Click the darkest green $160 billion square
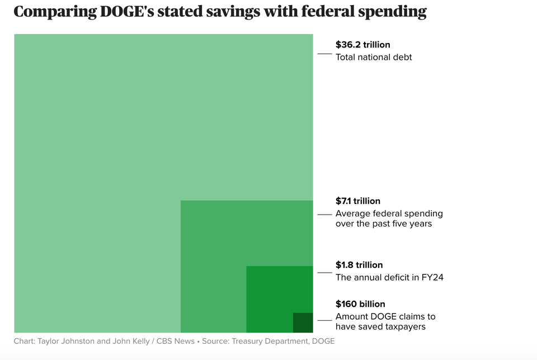tap(303, 323)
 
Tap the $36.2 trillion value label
tap(362, 45)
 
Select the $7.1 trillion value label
tap(357, 201)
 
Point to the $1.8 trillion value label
tap(359, 265)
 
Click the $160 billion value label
tap(360, 304)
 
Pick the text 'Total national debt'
tap(373, 57)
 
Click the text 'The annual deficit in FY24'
tap(389, 277)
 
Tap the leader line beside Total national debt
tap(324, 54)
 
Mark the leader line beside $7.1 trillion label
tap(324, 215)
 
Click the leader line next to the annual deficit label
tap(324, 273)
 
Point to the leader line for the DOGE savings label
tap(324, 320)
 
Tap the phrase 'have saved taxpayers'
tap(380, 326)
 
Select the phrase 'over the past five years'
tap(383, 224)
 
